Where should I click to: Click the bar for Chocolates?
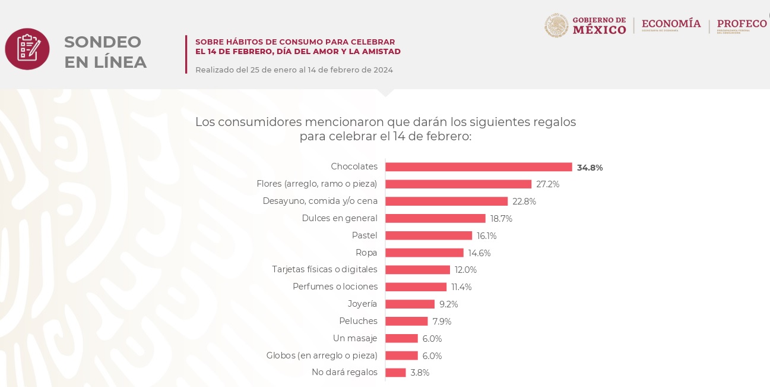[x=479, y=167]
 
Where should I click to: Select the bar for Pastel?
[x=429, y=235]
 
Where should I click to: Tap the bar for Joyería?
[x=410, y=304]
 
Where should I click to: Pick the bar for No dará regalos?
[x=395, y=373]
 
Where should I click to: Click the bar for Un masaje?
[x=401, y=338]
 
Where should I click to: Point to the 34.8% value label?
[x=590, y=168]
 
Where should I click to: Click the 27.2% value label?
[x=547, y=184]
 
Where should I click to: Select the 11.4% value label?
[x=461, y=287]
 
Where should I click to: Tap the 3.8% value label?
[x=420, y=373]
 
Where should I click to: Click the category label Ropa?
[x=366, y=253]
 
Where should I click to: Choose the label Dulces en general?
[x=340, y=218]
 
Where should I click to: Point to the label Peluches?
[x=358, y=321]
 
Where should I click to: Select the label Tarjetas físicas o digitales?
[x=325, y=270]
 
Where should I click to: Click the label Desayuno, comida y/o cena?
[x=320, y=201]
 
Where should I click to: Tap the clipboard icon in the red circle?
[x=27, y=49]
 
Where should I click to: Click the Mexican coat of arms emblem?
[x=556, y=26]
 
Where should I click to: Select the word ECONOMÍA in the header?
[x=671, y=24]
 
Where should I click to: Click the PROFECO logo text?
[x=742, y=24]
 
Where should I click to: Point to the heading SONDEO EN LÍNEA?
[x=105, y=52]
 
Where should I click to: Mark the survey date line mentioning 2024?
[x=294, y=70]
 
